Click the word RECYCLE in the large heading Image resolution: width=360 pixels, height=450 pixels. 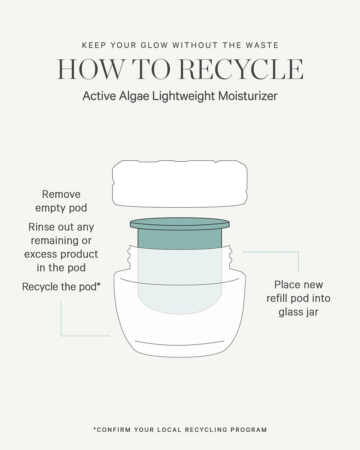click(x=241, y=69)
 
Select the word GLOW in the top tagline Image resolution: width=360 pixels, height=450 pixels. click(x=154, y=45)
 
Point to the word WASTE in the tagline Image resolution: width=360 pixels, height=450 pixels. click(x=262, y=45)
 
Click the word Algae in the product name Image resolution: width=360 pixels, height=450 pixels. click(x=134, y=96)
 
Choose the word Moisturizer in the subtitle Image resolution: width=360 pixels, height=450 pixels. click(x=248, y=96)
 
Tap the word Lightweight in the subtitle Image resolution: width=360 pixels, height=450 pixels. click(x=184, y=96)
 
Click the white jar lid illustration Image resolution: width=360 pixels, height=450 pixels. click(x=180, y=184)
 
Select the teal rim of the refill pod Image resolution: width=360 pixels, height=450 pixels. click(x=180, y=224)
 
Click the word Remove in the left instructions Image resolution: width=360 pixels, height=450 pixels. click(x=61, y=194)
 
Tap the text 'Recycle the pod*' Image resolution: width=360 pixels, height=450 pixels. click(x=61, y=287)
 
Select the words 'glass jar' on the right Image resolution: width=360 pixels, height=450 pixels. click(x=298, y=312)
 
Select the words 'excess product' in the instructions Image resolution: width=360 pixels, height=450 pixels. click(x=61, y=255)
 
